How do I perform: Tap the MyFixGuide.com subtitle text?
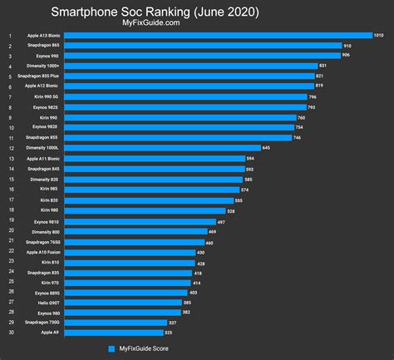pyautogui.click(x=196, y=25)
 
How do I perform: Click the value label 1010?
pyautogui.click(x=378, y=36)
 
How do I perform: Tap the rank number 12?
pyautogui.click(x=9, y=147)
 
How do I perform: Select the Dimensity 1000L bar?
pyautogui.click(x=162, y=147)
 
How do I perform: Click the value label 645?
pyautogui.click(x=266, y=147)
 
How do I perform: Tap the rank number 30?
pyautogui.click(x=9, y=332)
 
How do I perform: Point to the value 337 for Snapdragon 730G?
pyautogui.click(x=172, y=322)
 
